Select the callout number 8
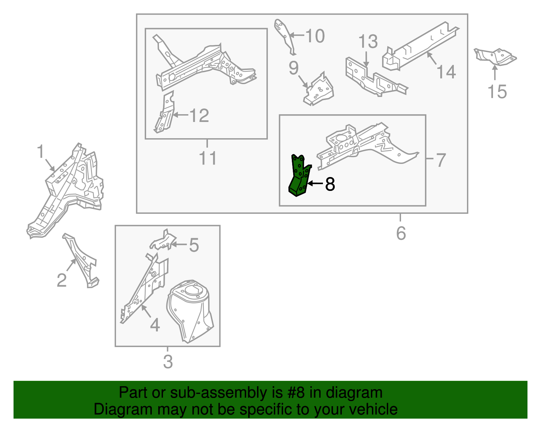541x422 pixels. (x=330, y=184)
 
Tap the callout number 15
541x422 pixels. (x=497, y=92)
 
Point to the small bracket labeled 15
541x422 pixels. (x=495, y=57)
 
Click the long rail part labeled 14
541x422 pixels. (x=421, y=46)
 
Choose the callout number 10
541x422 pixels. (x=315, y=36)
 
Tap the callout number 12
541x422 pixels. (x=199, y=116)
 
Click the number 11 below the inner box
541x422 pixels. (x=208, y=158)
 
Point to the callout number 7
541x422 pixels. (x=441, y=160)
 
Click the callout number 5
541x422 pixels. (x=194, y=245)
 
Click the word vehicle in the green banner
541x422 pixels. (x=373, y=409)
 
